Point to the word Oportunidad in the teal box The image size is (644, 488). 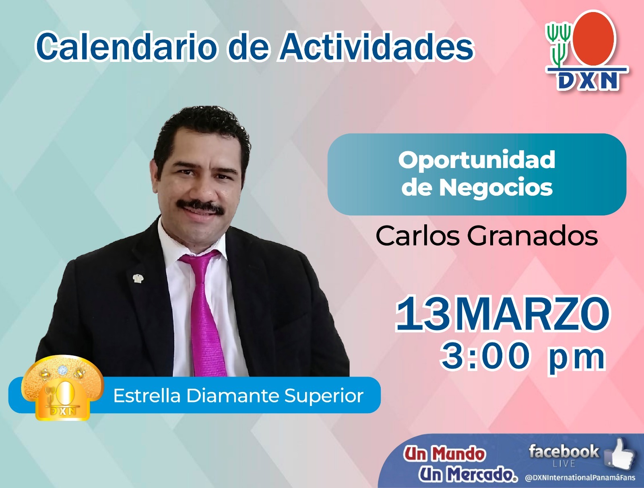coord(477,160)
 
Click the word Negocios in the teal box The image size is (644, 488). coord(496,187)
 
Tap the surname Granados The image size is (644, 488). coord(532,236)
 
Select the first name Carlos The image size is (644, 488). coord(417,236)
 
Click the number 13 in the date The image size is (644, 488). coord(423,314)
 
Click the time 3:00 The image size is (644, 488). coord(486,356)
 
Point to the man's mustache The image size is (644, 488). coord(201,207)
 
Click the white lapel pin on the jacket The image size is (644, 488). coord(138,278)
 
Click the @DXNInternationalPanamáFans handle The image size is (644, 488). coord(580,478)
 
